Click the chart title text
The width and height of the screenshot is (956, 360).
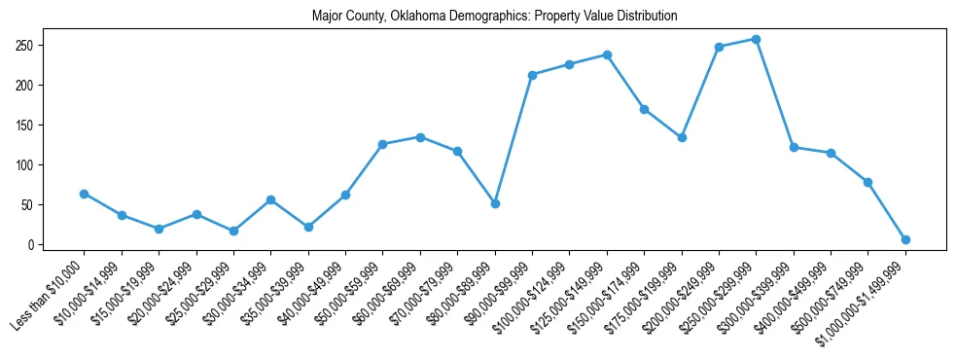click(x=494, y=17)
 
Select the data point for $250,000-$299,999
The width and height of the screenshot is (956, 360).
click(x=756, y=39)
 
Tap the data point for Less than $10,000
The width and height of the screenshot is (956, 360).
click(x=84, y=194)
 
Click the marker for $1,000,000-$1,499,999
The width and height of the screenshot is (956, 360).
click(x=905, y=239)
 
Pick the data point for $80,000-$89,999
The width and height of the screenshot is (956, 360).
click(x=495, y=203)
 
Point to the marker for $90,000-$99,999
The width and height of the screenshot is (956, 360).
click(x=532, y=75)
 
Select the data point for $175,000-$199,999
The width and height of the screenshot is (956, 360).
click(x=682, y=137)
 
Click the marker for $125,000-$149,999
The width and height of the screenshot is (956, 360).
click(x=607, y=54)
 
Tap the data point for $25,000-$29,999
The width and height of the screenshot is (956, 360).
click(x=233, y=231)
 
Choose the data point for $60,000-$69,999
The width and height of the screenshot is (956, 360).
click(x=420, y=137)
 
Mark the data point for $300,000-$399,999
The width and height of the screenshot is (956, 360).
click(x=794, y=147)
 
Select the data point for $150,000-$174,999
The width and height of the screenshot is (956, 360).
click(x=644, y=109)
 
